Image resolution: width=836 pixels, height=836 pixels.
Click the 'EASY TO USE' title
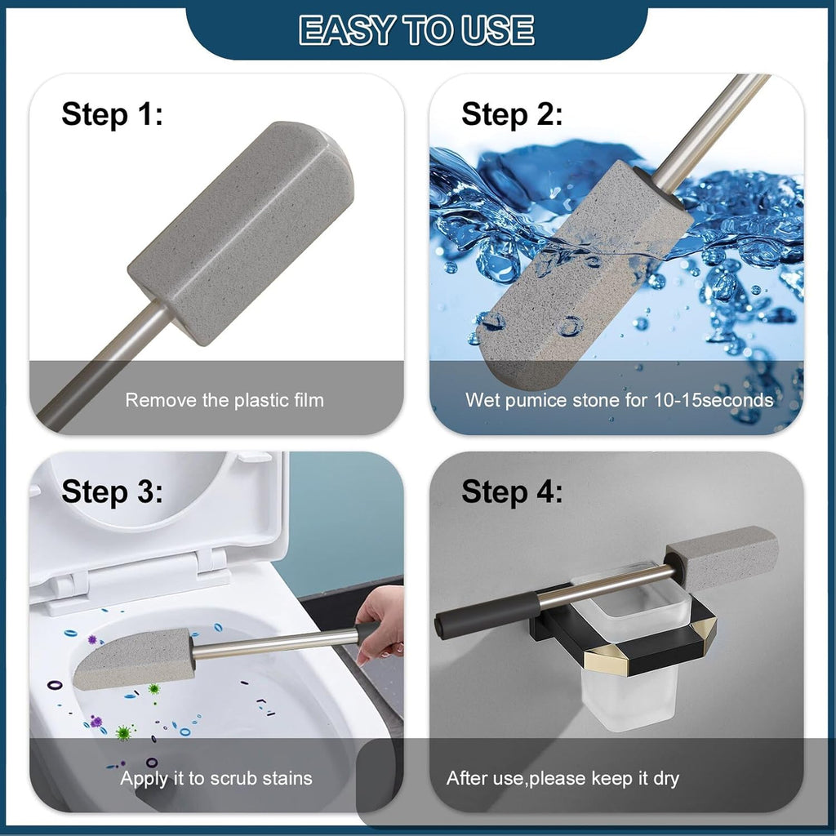[x=416, y=30]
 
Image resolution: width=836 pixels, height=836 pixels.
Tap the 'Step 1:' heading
[x=112, y=114]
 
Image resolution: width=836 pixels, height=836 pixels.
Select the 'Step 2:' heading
[x=512, y=114]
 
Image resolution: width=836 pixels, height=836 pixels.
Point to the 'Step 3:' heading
[x=112, y=491]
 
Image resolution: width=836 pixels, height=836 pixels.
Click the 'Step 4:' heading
[x=512, y=491]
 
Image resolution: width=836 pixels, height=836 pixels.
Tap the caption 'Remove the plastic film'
[x=225, y=400]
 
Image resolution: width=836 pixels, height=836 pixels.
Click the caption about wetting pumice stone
[x=619, y=400]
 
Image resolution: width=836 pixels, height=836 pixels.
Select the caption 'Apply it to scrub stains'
[x=216, y=778]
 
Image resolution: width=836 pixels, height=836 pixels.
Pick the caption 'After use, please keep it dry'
[x=563, y=778]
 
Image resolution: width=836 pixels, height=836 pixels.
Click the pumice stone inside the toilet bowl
[x=134, y=660]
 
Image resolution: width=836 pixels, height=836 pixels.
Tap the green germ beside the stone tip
[x=154, y=689]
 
